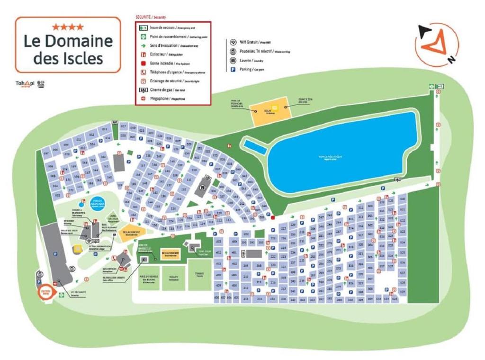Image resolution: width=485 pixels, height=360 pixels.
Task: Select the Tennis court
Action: pyautogui.click(x=199, y=274)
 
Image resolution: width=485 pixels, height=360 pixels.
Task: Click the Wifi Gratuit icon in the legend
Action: pyautogui.click(x=233, y=42)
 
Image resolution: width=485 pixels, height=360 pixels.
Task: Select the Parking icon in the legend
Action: pyautogui.click(x=233, y=69)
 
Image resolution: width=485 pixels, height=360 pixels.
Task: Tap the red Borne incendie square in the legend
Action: pyautogui.click(x=141, y=63)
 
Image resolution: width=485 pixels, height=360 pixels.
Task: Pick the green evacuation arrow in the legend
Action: pyautogui.click(x=141, y=45)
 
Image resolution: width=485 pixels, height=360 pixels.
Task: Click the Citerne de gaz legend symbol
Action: pyautogui.click(x=141, y=90)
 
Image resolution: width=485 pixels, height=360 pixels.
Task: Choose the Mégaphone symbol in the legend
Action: pyautogui.click(x=141, y=99)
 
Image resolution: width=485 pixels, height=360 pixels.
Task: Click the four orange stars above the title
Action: pyautogui.click(x=68, y=27)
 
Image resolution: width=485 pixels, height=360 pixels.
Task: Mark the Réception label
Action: pyautogui.click(x=109, y=269)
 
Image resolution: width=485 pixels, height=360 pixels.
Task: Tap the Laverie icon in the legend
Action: pyautogui.click(x=233, y=60)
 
